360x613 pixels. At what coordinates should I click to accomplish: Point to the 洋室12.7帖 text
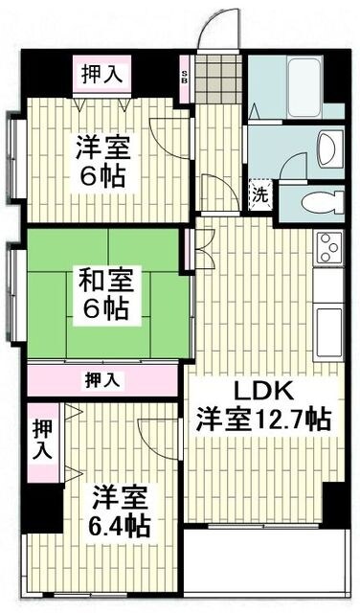click(264, 419)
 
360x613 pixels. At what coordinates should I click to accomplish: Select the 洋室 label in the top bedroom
click(102, 148)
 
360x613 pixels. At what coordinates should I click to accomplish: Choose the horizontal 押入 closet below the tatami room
click(104, 379)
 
